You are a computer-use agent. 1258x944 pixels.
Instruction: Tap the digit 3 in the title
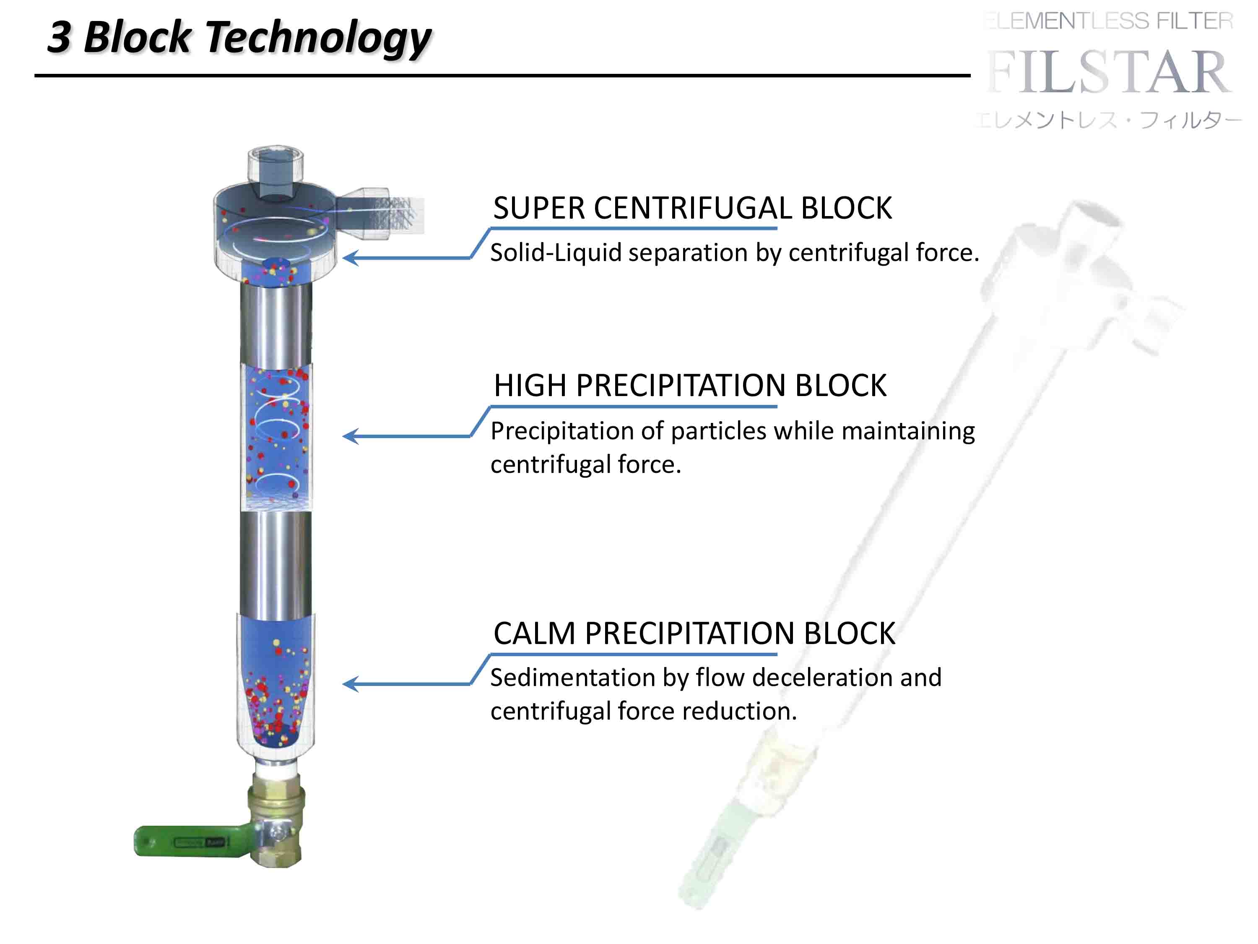pos(60,37)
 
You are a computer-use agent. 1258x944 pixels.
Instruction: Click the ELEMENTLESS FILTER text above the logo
pos(1109,21)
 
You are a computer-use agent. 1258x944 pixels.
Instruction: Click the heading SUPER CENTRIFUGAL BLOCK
pos(692,208)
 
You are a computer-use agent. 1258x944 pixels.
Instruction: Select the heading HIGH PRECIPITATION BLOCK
pos(690,386)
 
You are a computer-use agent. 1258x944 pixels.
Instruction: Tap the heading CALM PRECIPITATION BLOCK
pos(694,633)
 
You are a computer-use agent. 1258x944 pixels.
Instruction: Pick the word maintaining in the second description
pos(908,431)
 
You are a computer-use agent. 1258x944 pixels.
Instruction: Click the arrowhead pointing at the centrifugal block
pos(350,258)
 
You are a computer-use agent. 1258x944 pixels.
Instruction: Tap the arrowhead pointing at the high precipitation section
pos(350,436)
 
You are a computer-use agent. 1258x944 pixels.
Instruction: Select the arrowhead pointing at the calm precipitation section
pos(350,683)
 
